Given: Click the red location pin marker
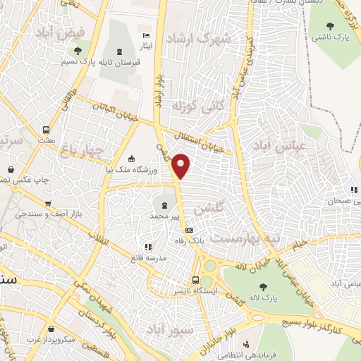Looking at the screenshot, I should click(x=182, y=165).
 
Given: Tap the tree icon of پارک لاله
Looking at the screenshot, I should click(x=263, y=286).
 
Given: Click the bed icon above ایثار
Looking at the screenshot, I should click(x=146, y=36).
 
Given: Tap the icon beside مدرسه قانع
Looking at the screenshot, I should click(x=148, y=247).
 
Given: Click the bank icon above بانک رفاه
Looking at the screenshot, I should click(x=188, y=230).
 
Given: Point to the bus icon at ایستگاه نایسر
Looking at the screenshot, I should click(x=196, y=279).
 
